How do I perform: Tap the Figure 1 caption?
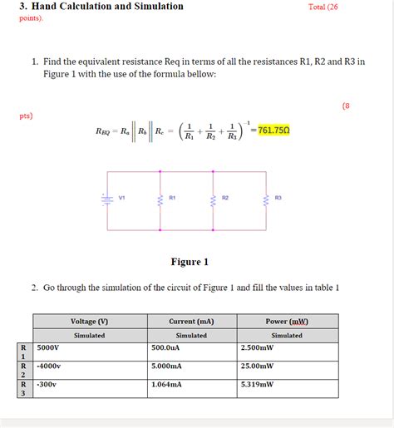(x=190, y=262)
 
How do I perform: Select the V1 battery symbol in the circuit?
(x=107, y=199)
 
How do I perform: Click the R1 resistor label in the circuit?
(x=172, y=198)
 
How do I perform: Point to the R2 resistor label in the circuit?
(x=225, y=198)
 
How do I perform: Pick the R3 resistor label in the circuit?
(x=278, y=198)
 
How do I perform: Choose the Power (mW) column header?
(x=287, y=321)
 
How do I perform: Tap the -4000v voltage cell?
(x=50, y=366)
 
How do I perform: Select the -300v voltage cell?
(x=47, y=385)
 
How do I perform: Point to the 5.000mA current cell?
(x=167, y=366)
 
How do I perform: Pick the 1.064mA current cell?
(x=167, y=385)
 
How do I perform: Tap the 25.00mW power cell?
(x=258, y=366)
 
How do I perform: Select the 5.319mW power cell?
(x=258, y=385)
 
